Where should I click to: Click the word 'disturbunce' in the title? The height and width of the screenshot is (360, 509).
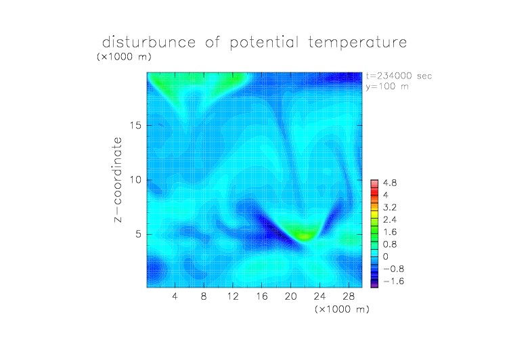[x=149, y=42]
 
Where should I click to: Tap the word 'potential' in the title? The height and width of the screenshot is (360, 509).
[x=264, y=43]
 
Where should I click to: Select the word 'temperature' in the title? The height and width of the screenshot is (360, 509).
[x=357, y=42]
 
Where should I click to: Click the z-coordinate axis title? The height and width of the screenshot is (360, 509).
[x=118, y=179]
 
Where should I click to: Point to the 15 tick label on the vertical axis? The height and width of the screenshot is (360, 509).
[x=135, y=125]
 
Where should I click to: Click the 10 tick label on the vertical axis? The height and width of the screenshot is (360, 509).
[x=135, y=180]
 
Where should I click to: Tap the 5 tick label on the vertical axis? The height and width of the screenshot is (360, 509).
[x=139, y=234]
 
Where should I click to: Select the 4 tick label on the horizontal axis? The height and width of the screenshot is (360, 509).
[x=175, y=296]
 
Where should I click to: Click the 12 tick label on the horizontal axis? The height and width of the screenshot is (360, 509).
[x=233, y=296]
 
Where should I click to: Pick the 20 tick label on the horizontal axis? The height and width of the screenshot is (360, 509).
[x=291, y=296]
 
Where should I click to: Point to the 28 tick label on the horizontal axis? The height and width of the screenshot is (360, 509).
[x=349, y=296]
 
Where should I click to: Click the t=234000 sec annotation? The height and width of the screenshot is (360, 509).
[x=399, y=76]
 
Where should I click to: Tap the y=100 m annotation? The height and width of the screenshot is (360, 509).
[x=387, y=87]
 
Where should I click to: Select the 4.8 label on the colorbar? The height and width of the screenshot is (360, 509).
[x=390, y=183]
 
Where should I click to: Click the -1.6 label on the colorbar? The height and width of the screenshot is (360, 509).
[x=393, y=281]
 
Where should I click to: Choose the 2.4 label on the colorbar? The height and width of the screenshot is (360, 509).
[x=390, y=220]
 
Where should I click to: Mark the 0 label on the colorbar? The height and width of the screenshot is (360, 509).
[x=386, y=256]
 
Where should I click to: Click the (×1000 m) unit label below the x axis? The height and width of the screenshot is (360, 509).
[x=342, y=309]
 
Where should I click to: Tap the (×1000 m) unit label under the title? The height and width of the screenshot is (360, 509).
[x=124, y=56]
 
